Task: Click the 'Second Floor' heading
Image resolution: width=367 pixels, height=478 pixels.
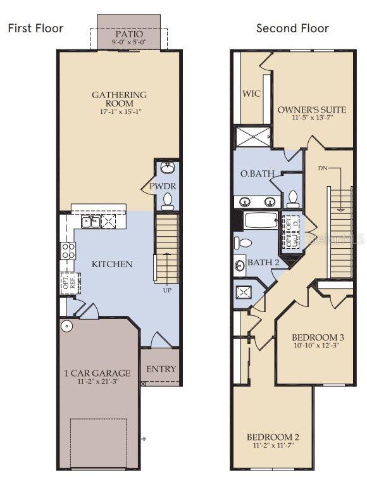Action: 292,28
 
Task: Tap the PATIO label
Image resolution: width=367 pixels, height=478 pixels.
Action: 129,34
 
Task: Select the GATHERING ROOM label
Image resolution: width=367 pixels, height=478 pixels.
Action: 119,99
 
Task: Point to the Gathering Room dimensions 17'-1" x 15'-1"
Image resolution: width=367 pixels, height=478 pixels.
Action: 119,112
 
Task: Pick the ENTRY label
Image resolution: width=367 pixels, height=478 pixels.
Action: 161,369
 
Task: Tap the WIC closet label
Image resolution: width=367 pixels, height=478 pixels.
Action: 252,93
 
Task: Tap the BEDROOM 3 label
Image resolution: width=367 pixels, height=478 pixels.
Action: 318,337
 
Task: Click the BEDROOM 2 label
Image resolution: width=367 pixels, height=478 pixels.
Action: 272,437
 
